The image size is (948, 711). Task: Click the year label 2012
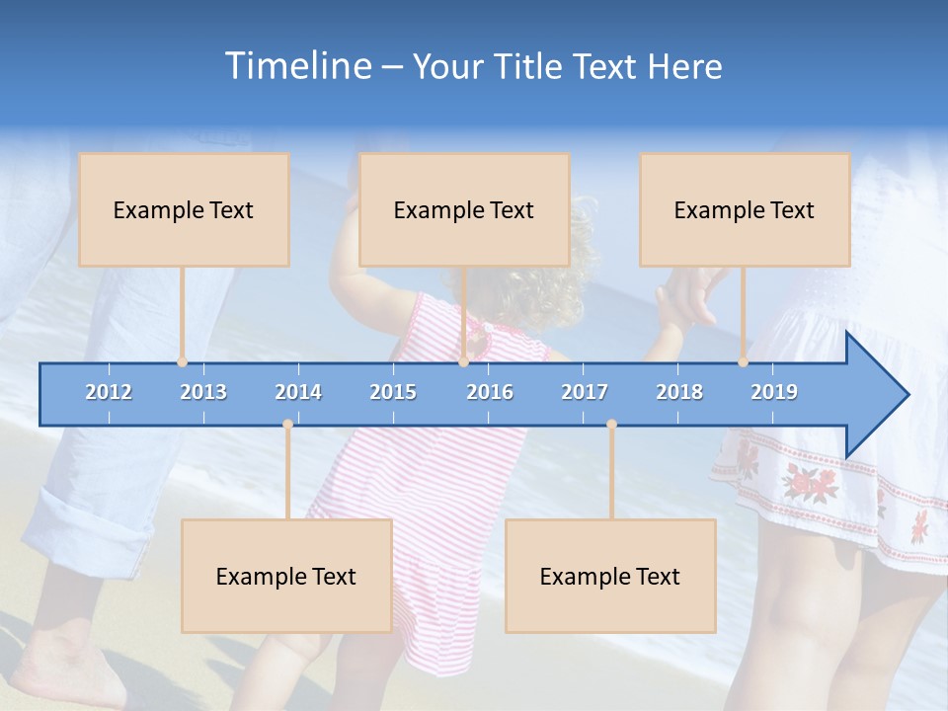[109, 392]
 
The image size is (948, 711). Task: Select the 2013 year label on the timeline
[203, 392]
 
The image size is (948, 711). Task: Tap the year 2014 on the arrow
[298, 392]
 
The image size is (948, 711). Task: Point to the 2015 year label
[393, 392]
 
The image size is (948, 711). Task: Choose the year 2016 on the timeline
[490, 392]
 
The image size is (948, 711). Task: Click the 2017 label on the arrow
[585, 392]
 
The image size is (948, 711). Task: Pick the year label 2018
[679, 392]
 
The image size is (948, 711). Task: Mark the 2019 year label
[774, 392]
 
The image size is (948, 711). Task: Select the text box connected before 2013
[184, 209]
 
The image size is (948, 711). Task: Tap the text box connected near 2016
[464, 209]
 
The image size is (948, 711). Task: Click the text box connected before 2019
[745, 209]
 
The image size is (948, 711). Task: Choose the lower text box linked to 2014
[286, 576]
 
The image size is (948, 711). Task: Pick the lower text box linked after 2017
[610, 576]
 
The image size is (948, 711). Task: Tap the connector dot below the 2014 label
[287, 425]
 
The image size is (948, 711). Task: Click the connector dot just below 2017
[611, 425]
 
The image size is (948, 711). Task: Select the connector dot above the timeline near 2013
[183, 362]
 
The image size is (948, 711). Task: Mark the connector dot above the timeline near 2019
[744, 362]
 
